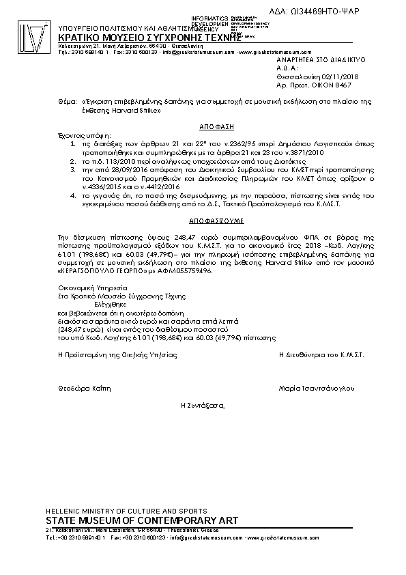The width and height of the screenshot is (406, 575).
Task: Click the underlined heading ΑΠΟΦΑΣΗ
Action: (212, 127)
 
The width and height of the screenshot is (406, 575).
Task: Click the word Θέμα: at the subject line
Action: (68, 101)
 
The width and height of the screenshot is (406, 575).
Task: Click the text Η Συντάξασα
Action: (203, 405)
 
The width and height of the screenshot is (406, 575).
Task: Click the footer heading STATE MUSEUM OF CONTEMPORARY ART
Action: (141, 521)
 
